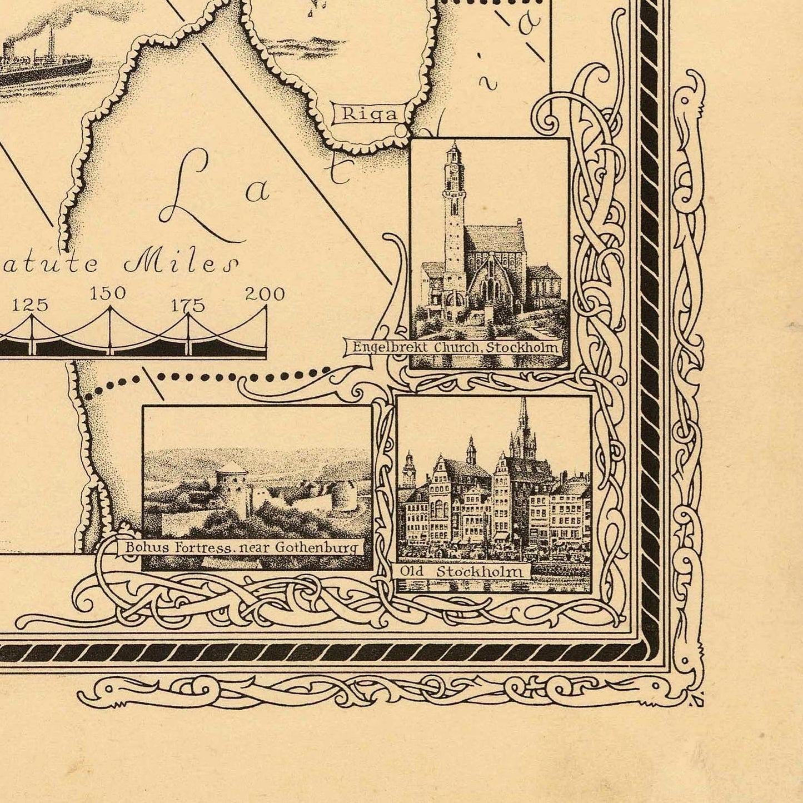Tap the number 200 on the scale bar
[x=265, y=294]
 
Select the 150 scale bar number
[x=108, y=293]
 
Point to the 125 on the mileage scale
[x=31, y=305]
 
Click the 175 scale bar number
[x=188, y=305]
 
